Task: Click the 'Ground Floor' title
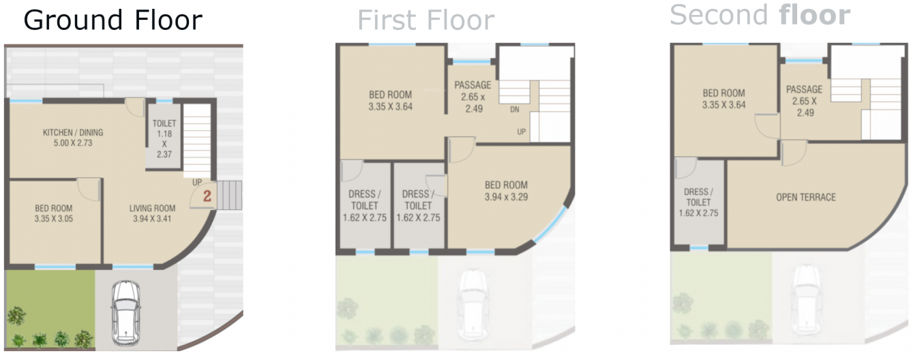coord(113,20)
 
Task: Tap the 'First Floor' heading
coord(425,20)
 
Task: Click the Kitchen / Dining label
coord(73,138)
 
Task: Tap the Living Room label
coord(153,213)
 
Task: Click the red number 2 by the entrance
coord(208,196)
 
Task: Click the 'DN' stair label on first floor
coord(515,109)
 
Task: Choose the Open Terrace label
coord(805,197)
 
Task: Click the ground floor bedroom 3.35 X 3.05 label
coord(54,213)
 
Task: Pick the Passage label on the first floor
coord(473,97)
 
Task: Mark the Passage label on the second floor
coord(804,101)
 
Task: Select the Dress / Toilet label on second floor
coord(698,202)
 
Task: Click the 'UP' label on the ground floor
coord(196,183)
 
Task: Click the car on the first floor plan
coord(473,303)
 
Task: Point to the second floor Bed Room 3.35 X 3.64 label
coord(723,99)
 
